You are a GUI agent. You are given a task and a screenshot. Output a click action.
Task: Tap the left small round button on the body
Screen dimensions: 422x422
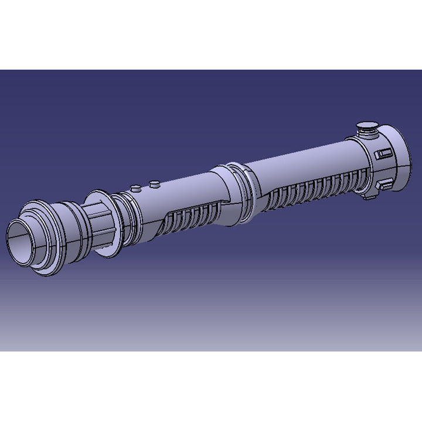(x=135, y=189)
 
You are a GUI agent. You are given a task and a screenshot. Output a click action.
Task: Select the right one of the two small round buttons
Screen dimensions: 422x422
(x=155, y=185)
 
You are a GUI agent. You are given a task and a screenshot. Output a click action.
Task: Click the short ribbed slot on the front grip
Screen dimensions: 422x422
(x=190, y=218)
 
